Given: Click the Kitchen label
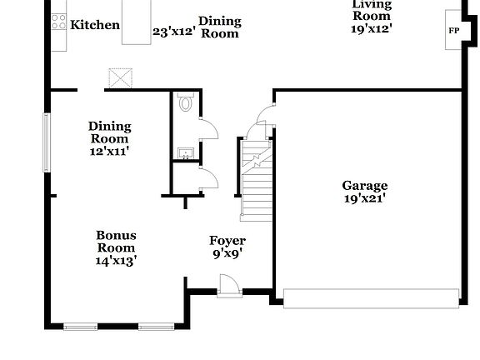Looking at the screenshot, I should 94,25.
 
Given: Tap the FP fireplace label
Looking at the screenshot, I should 454,31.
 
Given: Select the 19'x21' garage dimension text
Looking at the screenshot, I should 365,198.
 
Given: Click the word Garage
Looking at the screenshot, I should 365,186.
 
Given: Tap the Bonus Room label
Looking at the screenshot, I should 116,242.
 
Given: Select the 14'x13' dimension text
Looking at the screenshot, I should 116,260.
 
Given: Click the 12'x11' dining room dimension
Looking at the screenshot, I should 109,152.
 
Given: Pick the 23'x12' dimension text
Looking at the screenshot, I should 173,32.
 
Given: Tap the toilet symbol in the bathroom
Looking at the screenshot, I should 186,105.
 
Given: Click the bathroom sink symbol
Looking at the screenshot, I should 185,152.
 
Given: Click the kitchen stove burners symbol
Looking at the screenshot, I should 59,24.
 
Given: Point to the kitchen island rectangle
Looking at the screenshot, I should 137,22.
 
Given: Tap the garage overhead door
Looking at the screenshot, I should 371,297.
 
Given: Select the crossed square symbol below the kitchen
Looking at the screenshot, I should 121,79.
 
